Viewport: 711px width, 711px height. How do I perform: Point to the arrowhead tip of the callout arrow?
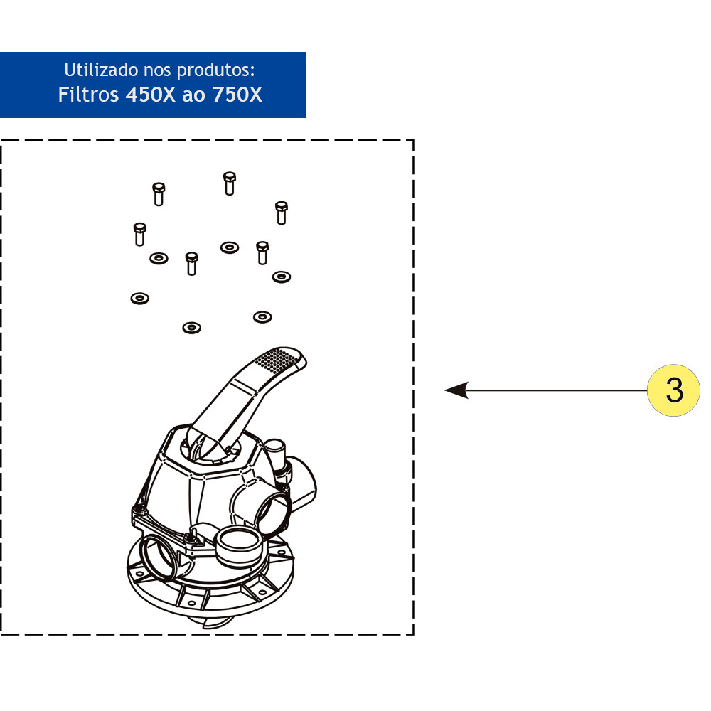coord(447,390)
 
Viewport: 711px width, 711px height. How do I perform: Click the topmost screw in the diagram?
coord(229,183)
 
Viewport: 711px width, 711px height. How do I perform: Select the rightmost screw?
coord(282,212)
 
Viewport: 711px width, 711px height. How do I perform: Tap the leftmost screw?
coord(139,233)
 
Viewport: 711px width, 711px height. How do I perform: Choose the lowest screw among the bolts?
coord(191,263)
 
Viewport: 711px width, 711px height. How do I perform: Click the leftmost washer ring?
coord(139,298)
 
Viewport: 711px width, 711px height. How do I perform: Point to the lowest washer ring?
coord(191,327)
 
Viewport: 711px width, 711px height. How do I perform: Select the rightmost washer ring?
coord(282,276)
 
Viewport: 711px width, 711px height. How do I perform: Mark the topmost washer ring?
coord(229,247)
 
